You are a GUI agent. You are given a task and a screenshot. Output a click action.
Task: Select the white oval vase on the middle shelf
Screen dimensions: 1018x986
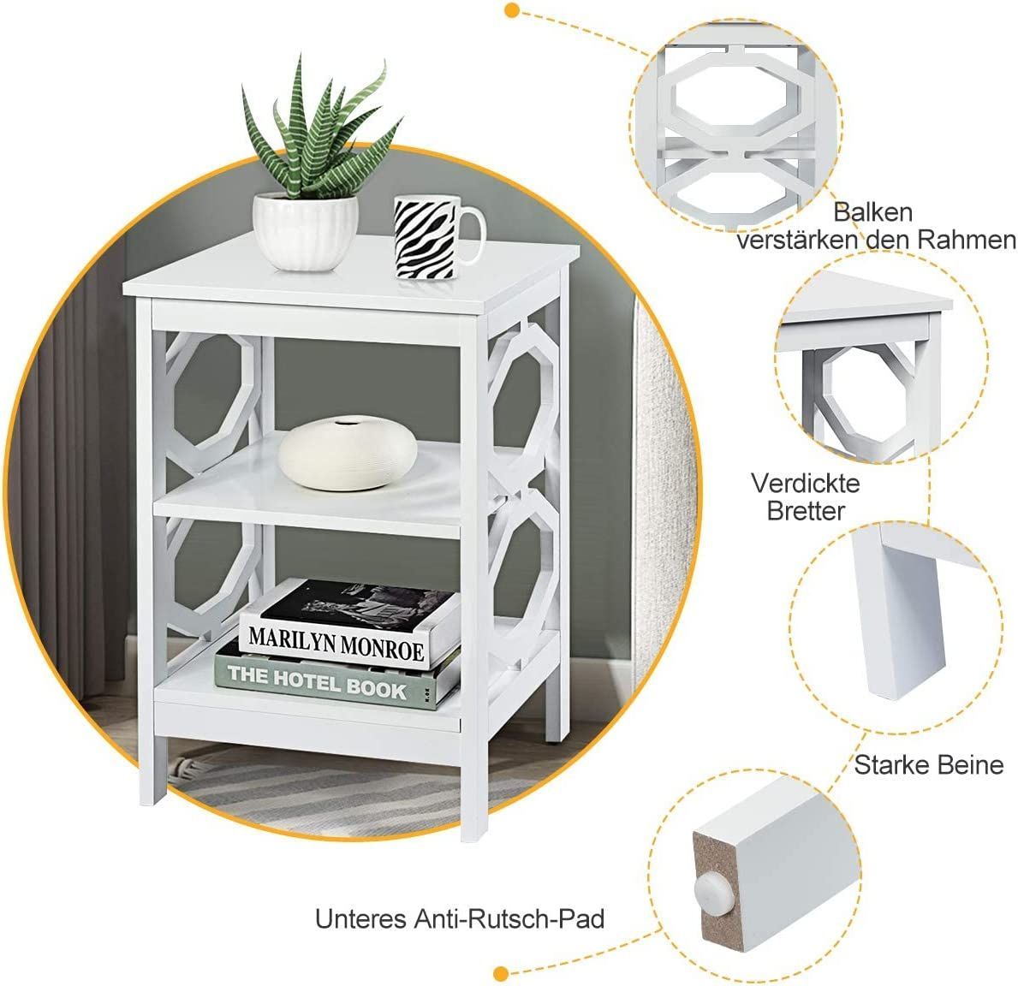tap(348, 453)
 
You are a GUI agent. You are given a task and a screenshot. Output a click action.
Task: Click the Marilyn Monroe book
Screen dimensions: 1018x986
tap(350, 624)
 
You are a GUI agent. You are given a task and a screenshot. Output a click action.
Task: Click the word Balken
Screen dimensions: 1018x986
tap(872, 212)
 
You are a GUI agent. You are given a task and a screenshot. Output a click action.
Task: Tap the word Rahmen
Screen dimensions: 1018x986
tap(967, 241)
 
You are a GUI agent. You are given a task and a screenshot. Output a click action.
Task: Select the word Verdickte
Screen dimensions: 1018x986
tap(805, 483)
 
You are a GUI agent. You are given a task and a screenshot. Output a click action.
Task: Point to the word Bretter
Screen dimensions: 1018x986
tap(805, 511)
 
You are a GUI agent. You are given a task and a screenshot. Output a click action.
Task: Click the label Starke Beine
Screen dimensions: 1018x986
tap(928, 764)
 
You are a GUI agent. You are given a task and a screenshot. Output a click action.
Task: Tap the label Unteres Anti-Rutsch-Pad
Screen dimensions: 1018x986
tap(460, 918)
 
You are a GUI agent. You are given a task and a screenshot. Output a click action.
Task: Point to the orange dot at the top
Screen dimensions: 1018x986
tap(512, 9)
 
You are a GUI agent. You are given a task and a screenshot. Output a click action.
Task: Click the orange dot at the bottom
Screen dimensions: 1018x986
tap(500, 973)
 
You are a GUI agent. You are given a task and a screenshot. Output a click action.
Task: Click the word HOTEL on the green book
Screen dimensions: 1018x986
tap(307, 680)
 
